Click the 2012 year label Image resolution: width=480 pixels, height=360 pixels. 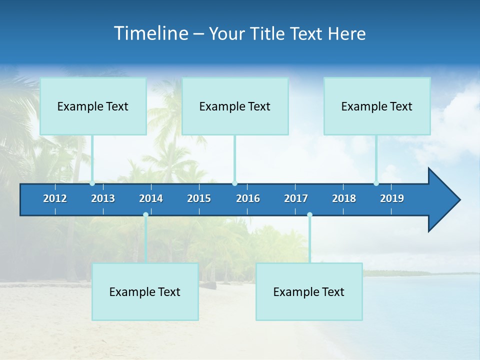pyautogui.click(x=55, y=198)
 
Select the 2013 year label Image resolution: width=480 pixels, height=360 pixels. pyautogui.click(x=103, y=198)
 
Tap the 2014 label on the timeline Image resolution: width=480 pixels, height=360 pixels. pyautogui.click(x=151, y=198)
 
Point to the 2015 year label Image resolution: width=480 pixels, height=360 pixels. pyautogui.click(x=199, y=198)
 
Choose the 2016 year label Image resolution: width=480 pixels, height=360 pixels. pyautogui.click(x=248, y=198)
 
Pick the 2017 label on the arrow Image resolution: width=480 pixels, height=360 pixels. pyautogui.click(x=296, y=198)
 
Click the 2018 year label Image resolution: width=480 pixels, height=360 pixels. pyautogui.click(x=344, y=198)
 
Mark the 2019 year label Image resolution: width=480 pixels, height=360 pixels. pyautogui.click(x=392, y=198)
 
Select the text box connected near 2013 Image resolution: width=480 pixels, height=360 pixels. pyautogui.click(x=93, y=106)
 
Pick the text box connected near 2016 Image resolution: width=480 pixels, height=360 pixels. pyautogui.click(x=235, y=106)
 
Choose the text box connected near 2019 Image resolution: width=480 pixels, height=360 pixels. pyautogui.click(x=377, y=106)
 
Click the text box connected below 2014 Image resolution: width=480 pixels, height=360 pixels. pyautogui.click(x=145, y=291)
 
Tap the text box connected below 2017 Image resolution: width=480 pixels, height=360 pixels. pyautogui.click(x=309, y=291)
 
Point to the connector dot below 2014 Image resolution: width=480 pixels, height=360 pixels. pyautogui.click(x=145, y=215)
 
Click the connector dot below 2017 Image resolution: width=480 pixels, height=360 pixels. pyautogui.click(x=309, y=215)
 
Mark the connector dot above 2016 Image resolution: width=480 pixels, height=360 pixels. pyautogui.click(x=234, y=183)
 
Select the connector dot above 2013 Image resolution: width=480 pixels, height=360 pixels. pyautogui.click(x=92, y=183)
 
